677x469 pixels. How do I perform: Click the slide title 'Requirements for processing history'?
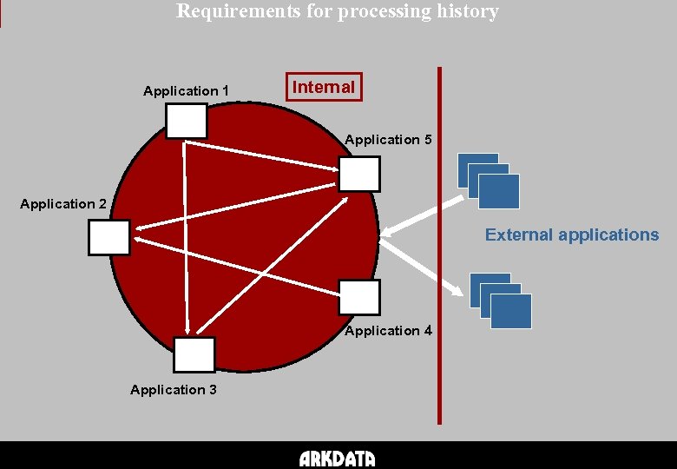pos(338,11)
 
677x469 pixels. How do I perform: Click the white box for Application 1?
pos(187,121)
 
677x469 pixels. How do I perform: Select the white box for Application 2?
pos(108,237)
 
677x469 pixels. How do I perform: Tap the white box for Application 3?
pos(194,354)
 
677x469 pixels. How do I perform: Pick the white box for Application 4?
pos(359,297)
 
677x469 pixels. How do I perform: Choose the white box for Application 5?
pos(359,174)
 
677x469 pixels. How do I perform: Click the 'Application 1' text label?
pos(186,91)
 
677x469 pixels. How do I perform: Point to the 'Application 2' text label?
pos(63,204)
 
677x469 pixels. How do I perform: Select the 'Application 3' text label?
pos(174,390)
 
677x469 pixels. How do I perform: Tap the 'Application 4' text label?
pos(388,331)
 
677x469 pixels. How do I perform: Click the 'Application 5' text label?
pos(388,140)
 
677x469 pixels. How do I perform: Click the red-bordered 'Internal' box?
pos(324,87)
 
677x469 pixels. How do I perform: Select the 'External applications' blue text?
pos(572,234)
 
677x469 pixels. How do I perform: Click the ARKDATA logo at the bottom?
pos(338,459)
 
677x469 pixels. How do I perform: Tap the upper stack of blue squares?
pos(489,181)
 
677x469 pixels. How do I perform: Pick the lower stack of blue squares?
pos(501,301)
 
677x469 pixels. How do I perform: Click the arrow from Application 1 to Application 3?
pos(186,234)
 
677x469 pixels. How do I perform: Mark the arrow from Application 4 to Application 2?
pos(234,264)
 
